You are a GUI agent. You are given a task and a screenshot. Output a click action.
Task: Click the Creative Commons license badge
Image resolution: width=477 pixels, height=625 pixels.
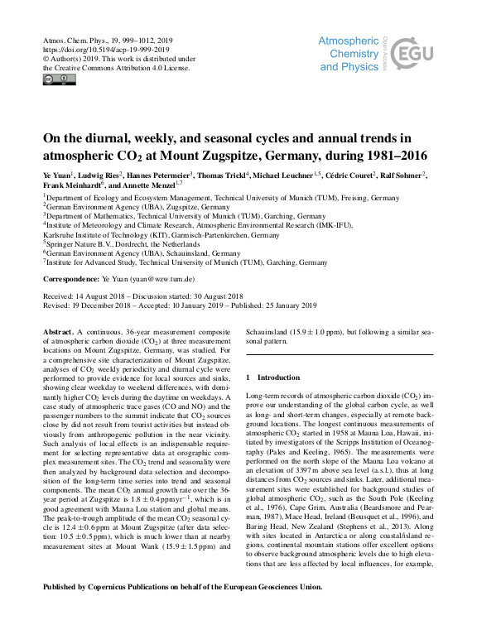(x=59, y=79)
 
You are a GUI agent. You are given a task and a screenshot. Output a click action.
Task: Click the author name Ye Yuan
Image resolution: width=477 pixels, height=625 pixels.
(x=60, y=175)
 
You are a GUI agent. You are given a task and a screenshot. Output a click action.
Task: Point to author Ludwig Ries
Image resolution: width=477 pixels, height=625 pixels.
(x=104, y=175)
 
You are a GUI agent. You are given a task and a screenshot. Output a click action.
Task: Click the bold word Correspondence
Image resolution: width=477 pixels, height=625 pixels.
(x=73, y=280)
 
